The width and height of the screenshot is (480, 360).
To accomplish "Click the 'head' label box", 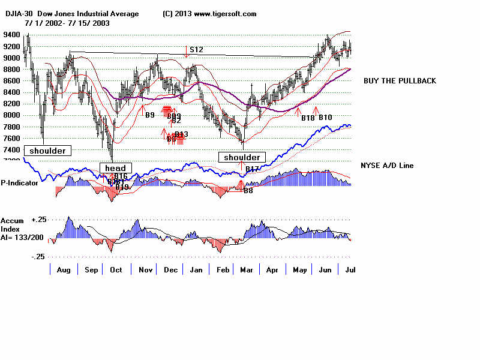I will click(x=115, y=168).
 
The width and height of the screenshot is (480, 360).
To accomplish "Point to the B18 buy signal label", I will click(x=307, y=117).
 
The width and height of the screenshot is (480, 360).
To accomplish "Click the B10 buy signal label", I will click(x=325, y=117).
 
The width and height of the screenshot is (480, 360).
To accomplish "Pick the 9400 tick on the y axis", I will click(x=12, y=35).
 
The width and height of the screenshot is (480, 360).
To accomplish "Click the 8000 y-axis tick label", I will click(x=12, y=115).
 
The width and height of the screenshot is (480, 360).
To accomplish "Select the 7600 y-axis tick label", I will click(x=12, y=138).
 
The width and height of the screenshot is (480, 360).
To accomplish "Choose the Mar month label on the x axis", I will click(x=246, y=270).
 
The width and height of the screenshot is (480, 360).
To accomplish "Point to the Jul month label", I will click(x=347, y=270).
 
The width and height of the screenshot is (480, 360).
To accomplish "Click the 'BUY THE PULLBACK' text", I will click(x=400, y=81).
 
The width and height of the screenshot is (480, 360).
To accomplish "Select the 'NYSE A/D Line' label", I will click(x=387, y=166).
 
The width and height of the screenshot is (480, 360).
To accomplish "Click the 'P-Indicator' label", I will click(x=20, y=182).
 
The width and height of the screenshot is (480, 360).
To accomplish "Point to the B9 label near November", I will click(x=150, y=115).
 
